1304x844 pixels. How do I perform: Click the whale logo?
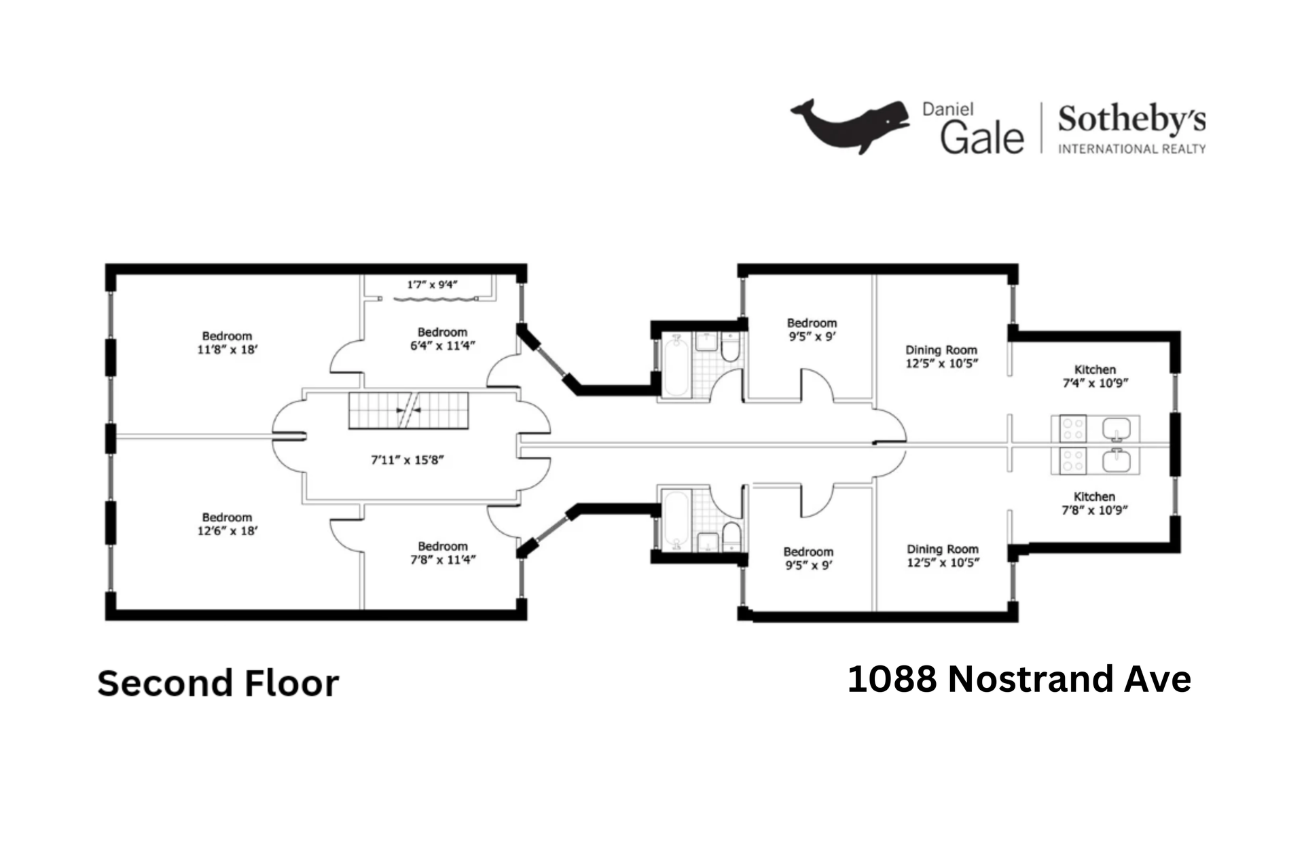click(x=849, y=126)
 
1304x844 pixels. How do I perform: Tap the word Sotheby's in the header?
click(x=1131, y=120)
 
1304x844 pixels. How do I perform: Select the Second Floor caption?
click(x=218, y=683)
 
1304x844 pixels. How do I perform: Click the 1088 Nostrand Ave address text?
click(x=1019, y=679)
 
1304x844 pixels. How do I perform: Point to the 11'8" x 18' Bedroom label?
click(x=227, y=343)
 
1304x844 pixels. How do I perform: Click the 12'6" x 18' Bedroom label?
click(x=227, y=524)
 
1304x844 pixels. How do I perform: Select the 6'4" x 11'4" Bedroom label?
click(x=442, y=339)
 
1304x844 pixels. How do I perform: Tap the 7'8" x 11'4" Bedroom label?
click(x=442, y=553)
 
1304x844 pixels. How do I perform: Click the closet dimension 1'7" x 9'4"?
click(x=432, y=285)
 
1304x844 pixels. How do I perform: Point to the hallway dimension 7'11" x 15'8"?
click(x=407, y=460)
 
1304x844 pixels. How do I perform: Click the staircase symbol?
click(x=408, y=410)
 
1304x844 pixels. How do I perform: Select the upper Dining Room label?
click(x=941, y=356)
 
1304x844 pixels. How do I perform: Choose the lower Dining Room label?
click(x=943, y=555)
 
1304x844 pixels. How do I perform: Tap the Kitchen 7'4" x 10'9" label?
click(x=1095, y=376)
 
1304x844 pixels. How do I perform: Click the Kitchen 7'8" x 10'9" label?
click(x=1094, y=503)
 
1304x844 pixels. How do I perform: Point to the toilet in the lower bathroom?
click(x=731, y=535)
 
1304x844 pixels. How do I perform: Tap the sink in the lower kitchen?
click(x=1116, y=462)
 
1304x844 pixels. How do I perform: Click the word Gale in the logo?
click(x=981, y=137)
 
